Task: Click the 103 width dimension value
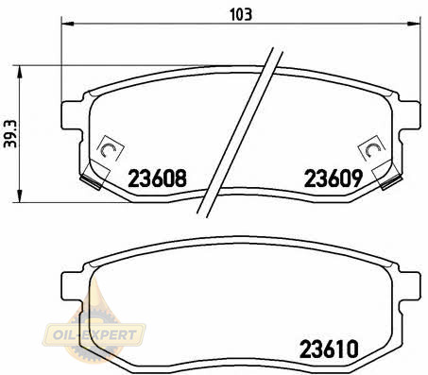click(241, 15)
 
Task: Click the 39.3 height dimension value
click(10, 134)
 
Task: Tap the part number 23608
click(157, 179)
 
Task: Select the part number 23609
click(334, 179)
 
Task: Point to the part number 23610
click(329, 349)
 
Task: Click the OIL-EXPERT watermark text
click(94, 334)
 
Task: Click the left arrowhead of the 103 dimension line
click(67, 24)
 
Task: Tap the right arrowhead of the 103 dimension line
click(414, 24)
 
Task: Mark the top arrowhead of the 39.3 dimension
click(20, 72)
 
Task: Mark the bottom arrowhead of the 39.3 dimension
click(20, 196)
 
